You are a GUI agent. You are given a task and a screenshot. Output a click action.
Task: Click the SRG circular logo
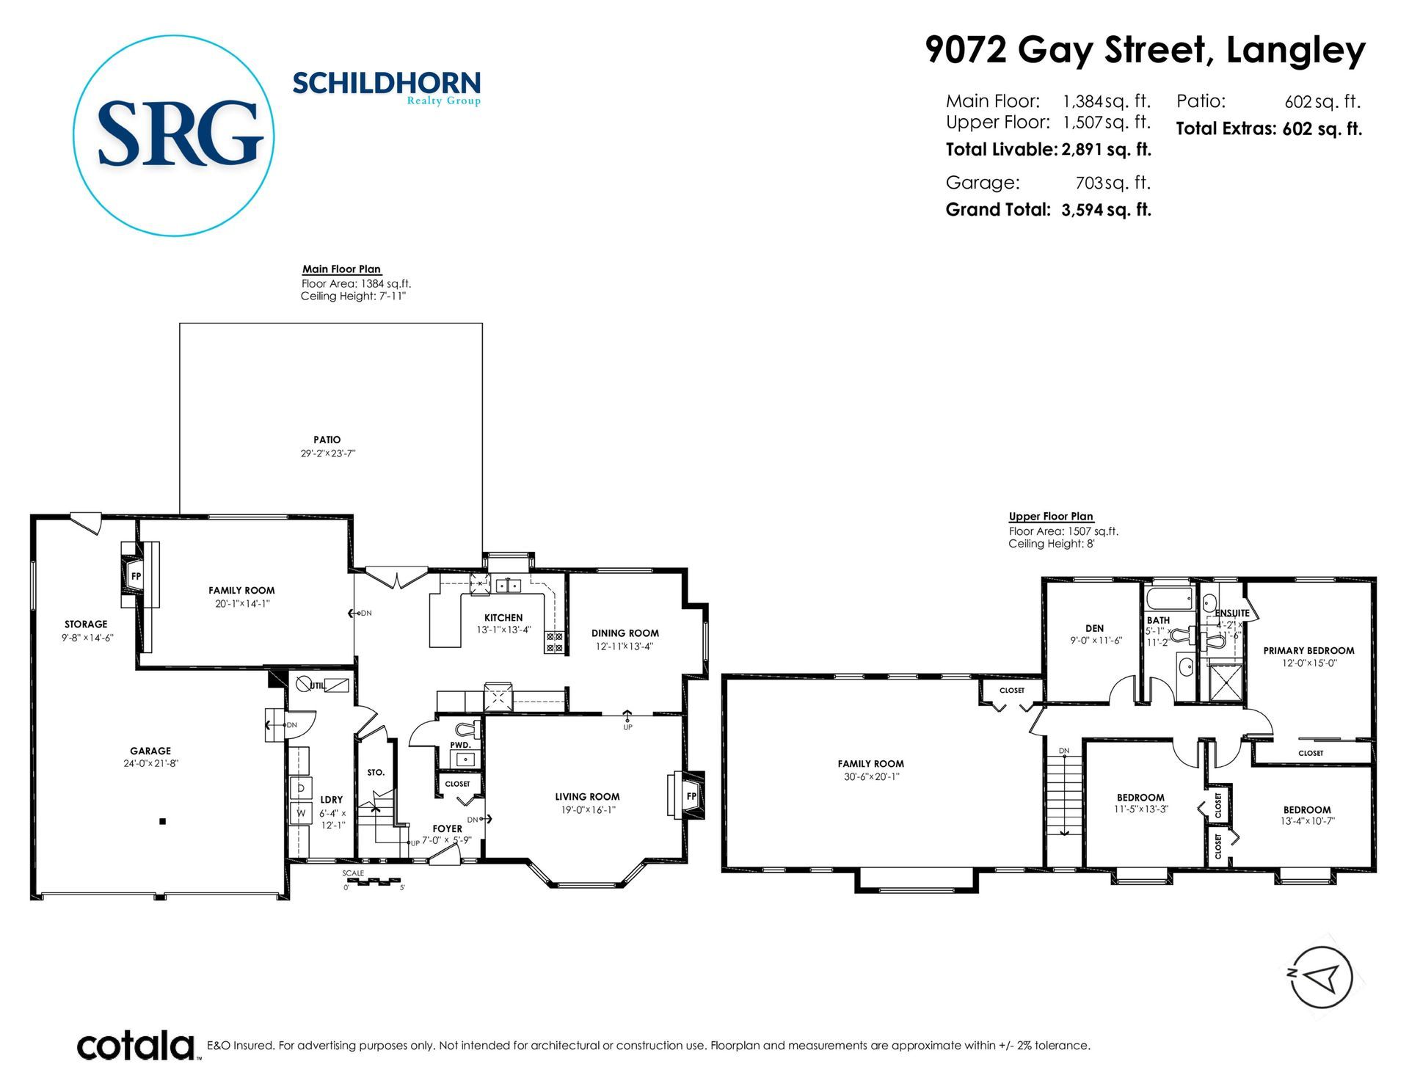point(174,135)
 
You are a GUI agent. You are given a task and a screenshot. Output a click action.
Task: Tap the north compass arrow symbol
point(1321,977)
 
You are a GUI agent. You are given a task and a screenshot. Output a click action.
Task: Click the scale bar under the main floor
point(374,881)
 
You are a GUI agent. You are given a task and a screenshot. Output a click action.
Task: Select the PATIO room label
point(327,440)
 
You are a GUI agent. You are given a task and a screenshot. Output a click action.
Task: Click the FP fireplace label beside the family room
point(136,576)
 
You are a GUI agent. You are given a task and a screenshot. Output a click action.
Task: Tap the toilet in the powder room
point(467,729)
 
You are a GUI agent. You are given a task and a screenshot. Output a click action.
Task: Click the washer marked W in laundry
point(300,813)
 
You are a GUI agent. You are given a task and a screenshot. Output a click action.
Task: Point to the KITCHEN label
point(503,618)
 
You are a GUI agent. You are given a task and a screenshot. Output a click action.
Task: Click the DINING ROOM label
point(625,633)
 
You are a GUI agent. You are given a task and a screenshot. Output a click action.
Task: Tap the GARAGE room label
point(150,751)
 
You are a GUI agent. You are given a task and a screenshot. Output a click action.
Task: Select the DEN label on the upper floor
point(1094,628)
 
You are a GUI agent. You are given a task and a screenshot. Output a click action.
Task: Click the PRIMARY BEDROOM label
point(1308,650)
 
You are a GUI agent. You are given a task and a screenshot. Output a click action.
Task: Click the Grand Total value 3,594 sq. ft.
point(1106,210)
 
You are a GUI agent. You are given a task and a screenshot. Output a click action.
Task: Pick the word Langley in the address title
point(1296,51)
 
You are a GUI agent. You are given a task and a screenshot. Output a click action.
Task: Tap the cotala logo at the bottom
point(136,1046)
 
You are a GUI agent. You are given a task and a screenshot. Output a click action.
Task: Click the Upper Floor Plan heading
point(1051,517)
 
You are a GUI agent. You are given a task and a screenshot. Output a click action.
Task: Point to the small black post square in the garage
point(163,821)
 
